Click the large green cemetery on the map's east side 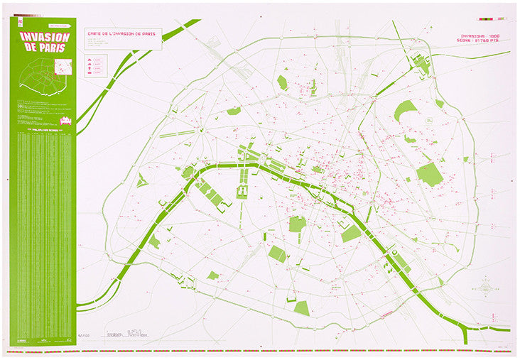click(x=429, y=173)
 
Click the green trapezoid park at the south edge click(x=302, y=308)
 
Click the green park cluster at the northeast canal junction click(x=423, y=65)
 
